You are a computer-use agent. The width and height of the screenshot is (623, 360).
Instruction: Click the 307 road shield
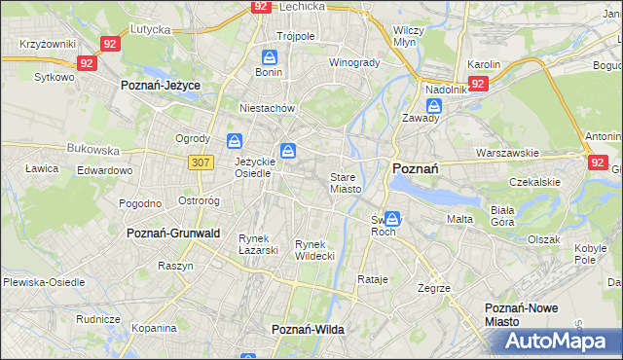pyautogui.click(x=202, y=162)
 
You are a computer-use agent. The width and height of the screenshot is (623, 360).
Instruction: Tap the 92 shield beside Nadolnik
pyautogui.click(x=477, y=84)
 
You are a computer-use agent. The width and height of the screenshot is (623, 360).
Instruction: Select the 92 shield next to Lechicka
pyautogui.click(x=259, y=6)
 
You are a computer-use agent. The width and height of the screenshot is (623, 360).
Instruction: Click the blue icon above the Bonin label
pyautogui.click(x=269, y=55)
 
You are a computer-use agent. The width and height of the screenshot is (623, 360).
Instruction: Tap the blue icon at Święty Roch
pyautogui.click(x=391, y=219)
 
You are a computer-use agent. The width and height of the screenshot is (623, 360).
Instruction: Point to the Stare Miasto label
pyautogui.click(x=346, y=183)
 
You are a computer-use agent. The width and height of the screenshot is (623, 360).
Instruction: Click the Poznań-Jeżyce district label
pyautogui.click(x=160, y=86)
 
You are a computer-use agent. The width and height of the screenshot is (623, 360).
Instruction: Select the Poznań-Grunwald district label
pyautogui.click(x=173, y=234)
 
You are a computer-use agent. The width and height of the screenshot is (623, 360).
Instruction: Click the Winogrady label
pyautogui.click(x=353, y=62)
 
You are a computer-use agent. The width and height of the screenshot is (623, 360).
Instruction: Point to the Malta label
pyautogui.click(x=459, y=219)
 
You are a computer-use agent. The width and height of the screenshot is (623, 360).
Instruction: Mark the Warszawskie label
pyautogui.click(x=507, y=153)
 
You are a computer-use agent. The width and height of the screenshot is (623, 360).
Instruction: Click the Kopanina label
pyautogui.click(x=153, y=329)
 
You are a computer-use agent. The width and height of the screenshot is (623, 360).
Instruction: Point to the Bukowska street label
pyautogui.click(x=92, y=150)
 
